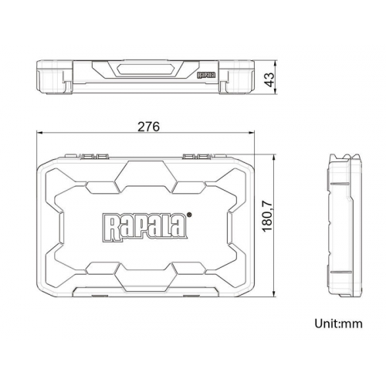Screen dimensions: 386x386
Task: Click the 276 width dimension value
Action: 148,127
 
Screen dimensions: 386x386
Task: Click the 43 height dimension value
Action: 269,80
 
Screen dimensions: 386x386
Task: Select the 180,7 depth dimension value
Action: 267,216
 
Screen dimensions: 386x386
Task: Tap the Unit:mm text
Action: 338,323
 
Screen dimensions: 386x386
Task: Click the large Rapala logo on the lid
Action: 145,227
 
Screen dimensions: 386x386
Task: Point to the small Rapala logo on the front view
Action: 206,75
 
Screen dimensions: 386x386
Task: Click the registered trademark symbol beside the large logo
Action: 189,214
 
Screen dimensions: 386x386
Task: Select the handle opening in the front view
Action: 145,69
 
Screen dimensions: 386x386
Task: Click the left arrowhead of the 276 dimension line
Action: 39,133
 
